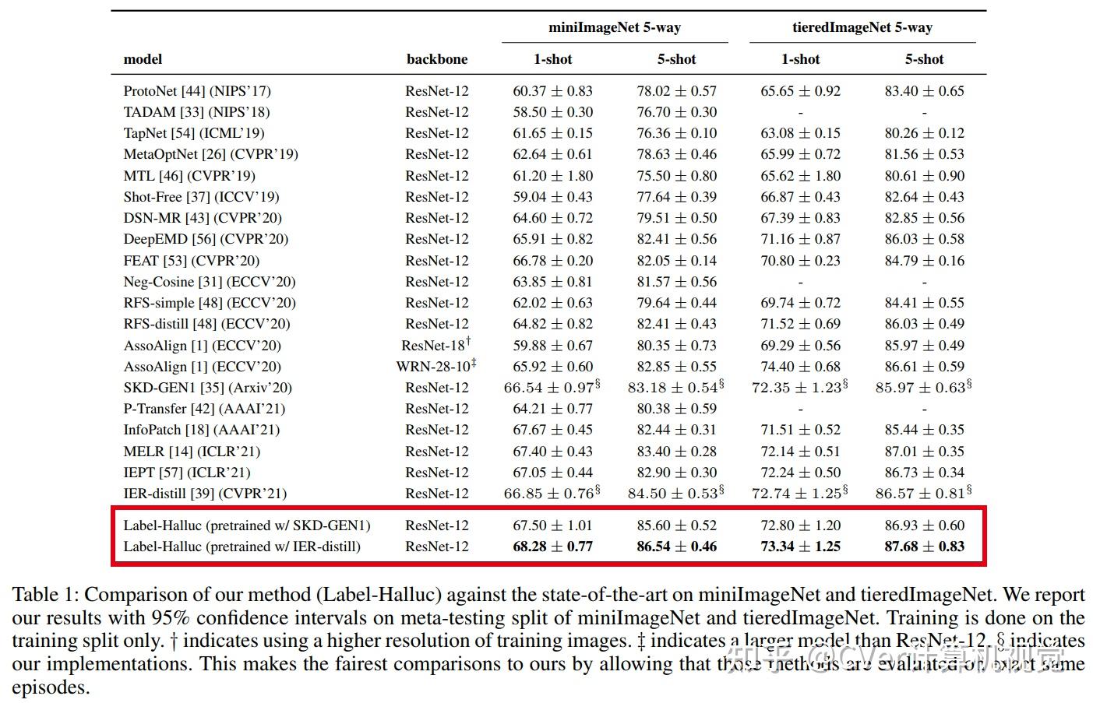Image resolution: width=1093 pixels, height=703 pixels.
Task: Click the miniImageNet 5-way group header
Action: [x=614, y=27]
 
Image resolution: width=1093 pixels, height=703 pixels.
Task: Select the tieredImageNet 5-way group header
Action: [x=862, y=27]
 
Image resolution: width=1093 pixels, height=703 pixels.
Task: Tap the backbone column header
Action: [x=437, y=59]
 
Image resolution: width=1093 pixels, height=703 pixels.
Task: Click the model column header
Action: [x=143, y=59]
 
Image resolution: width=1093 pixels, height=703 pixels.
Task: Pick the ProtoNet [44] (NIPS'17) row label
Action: [x=197, y=91]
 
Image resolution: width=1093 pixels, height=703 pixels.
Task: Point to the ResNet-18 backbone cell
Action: [x=435, y=345]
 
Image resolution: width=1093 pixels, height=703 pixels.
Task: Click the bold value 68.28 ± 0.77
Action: [x=552, y=547]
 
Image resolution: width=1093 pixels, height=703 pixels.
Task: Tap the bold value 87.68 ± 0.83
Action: [x=924, y=547]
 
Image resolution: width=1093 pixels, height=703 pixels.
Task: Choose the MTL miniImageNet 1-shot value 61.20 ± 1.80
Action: [x=552, y=176]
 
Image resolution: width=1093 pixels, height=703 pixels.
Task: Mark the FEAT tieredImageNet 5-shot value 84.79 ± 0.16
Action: [x=924, y=261]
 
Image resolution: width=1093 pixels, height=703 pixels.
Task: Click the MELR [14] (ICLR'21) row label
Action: [x=192, y=452]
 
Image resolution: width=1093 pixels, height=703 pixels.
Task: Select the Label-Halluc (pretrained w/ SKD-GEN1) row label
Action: [x=247, y=525]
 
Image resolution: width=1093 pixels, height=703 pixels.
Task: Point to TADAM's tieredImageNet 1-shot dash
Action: [x=800, y=113]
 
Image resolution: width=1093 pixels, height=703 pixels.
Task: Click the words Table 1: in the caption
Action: [x=45, y=595]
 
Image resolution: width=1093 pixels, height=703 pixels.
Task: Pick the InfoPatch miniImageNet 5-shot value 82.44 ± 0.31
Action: [x=676, y=430]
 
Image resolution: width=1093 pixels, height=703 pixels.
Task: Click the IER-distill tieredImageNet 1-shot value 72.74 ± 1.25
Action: [x=796, y=494]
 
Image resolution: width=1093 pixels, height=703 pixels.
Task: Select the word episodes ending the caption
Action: [x=50, y=688]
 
